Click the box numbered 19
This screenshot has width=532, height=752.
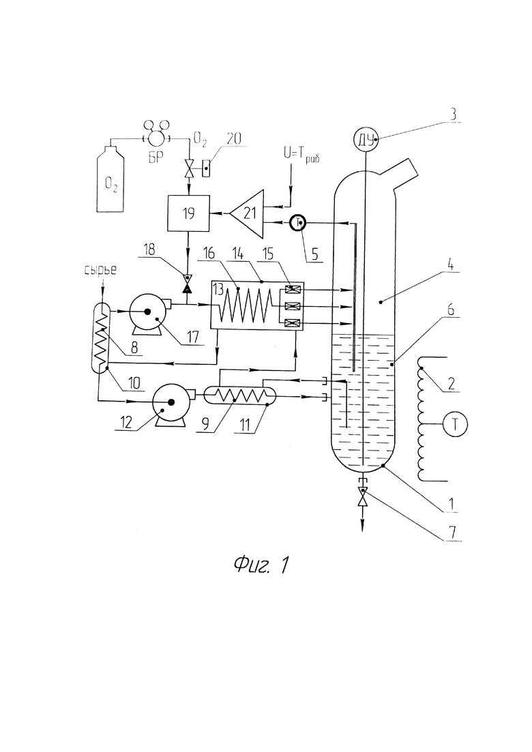(x=188, y=214)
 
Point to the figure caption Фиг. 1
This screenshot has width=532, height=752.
(x=261, y=565)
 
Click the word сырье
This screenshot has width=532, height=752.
(x=101, y=270)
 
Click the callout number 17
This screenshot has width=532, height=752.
(x=193, y=337)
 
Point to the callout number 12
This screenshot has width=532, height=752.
(x=126, y=423)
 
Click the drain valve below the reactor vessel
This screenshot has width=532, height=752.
(x=363, y=497)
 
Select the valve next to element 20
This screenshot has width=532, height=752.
(x=190, y=168)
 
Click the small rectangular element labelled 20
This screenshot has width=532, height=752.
(x=206, y=168)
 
